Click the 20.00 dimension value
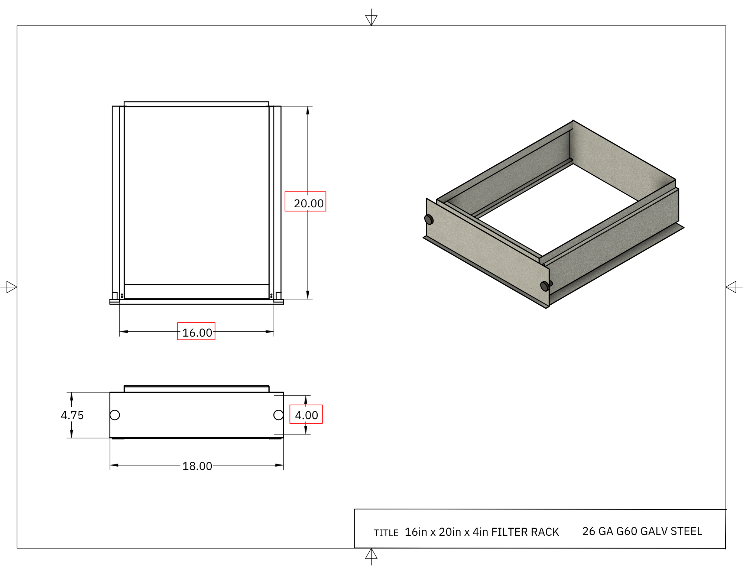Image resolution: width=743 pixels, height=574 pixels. click(309, 203)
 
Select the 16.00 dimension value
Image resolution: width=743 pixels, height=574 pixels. click(197, 333)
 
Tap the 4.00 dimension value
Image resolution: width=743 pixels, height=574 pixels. click(306, 415)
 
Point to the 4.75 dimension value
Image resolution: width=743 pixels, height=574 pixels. click(72, 415)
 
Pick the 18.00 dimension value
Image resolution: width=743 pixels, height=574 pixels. click(197, 466)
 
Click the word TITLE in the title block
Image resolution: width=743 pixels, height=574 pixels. click(386, 533)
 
